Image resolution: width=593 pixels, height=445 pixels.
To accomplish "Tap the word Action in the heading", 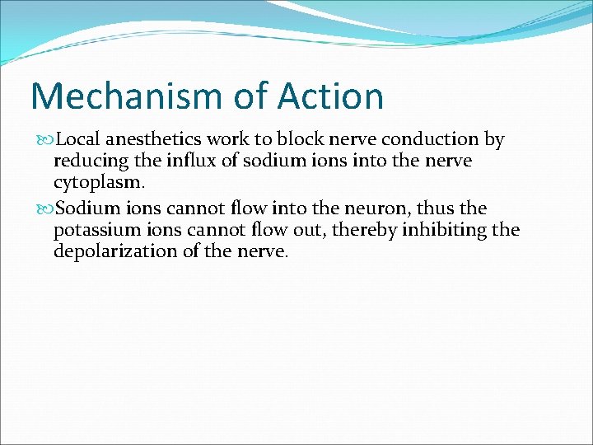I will pos(330,96).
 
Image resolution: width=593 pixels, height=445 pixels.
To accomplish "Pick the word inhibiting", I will pos(444,230).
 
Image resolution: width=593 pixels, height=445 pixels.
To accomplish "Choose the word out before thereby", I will pos(311,231).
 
